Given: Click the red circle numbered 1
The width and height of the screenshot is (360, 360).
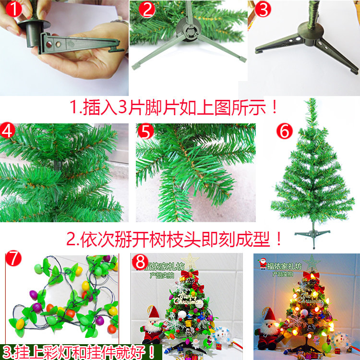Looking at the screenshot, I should (11, 9).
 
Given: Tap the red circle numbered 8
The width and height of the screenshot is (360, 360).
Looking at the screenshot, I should (141, 262).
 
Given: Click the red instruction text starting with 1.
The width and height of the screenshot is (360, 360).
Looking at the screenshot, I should (174, 107).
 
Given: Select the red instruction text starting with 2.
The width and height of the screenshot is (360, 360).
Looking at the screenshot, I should (174, 238).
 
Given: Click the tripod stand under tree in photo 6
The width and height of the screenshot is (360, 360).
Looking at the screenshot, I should (312, 234).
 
